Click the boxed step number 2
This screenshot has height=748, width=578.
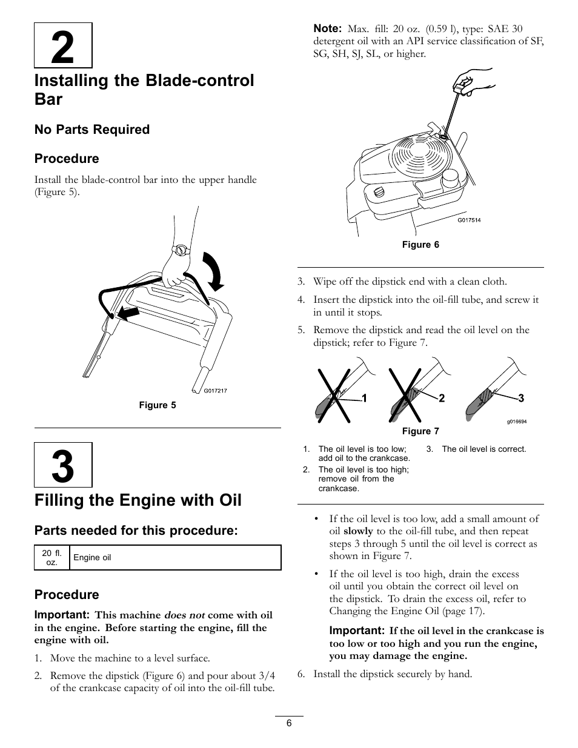(63, 46)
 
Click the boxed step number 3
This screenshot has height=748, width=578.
(63, 465)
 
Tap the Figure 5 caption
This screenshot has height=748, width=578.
(158, 405)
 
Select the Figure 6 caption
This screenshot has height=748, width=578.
(420, 245)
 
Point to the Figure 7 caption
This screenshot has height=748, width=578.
(420, 431)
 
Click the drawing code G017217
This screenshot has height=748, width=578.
(215, 391)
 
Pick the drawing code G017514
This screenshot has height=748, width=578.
(468, 220)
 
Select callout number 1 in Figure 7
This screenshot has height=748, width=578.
(365, 398)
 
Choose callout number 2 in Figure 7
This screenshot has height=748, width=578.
(442, 398)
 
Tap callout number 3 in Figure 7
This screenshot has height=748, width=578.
(520, 398)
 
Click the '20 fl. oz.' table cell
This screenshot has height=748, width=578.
(52, 557)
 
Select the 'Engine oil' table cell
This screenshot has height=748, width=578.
(92, 557)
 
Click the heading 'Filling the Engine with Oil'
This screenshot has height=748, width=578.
(138, 500)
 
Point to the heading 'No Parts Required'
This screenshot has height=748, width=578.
(92, 130)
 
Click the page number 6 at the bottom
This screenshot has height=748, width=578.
(290, 723)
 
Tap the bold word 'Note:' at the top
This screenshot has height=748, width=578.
(328, 28)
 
